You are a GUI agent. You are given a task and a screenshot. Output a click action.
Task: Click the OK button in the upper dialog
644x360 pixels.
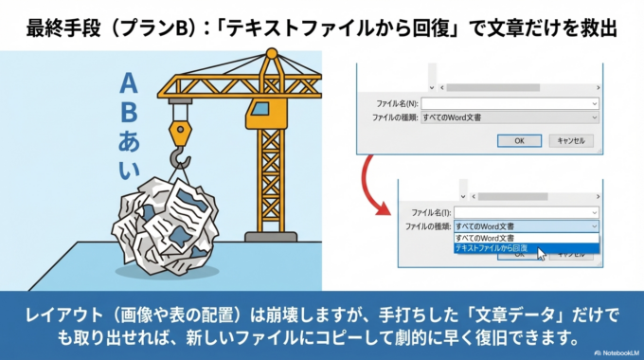click(x=519, y=139)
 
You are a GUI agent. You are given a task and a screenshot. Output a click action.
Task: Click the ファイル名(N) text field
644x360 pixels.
click(x=510, y=102)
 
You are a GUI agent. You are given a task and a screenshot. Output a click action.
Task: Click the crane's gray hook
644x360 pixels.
click(x=175, y=152)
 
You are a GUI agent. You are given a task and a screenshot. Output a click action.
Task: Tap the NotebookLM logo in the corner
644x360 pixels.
click(x=615, y=351)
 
